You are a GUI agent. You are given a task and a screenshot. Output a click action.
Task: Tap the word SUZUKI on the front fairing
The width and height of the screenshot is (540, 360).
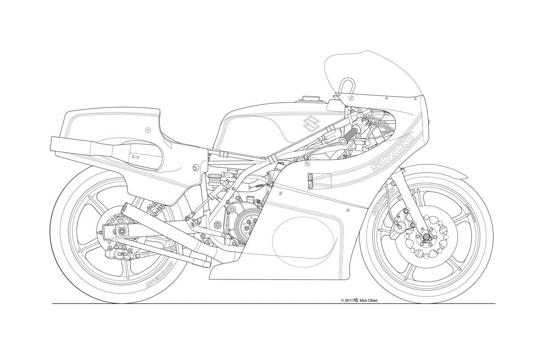point(392,152)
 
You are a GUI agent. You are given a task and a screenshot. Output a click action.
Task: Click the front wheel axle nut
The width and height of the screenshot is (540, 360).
point(424,237)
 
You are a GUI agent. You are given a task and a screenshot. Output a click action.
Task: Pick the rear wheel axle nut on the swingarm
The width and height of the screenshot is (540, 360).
point(121,231)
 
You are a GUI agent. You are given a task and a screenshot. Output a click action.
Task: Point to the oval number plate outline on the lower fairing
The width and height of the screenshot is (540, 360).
point(303,238)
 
